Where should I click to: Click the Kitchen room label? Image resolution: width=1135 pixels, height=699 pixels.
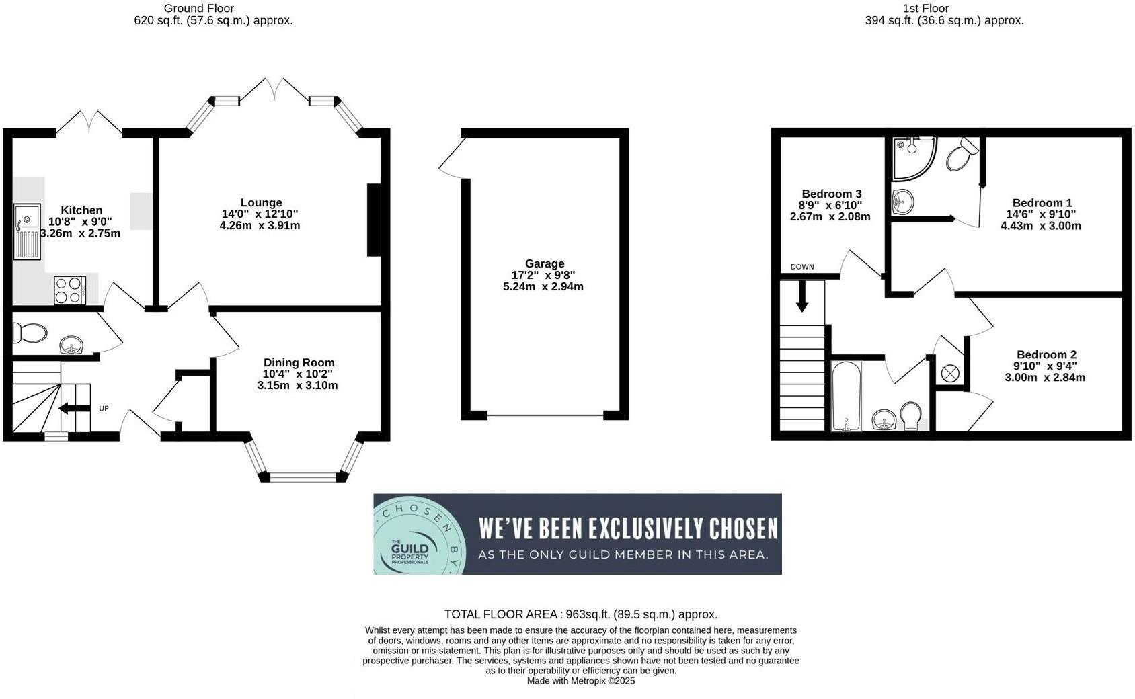[x=81, y=210]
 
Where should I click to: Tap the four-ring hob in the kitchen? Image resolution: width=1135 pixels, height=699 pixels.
[x=70, y=290]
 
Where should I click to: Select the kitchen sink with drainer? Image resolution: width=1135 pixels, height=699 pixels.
[x=28, y=232]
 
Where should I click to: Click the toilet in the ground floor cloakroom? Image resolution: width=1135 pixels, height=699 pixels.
[x=30, y=333]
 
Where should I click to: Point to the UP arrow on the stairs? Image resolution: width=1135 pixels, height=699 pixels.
[x=75, y=408]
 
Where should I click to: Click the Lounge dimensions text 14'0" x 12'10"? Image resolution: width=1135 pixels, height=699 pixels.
[x=260, y=214]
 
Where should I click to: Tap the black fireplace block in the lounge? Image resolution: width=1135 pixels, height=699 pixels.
[x=374, y=220]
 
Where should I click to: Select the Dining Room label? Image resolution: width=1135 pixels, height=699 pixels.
[x=299, y=362]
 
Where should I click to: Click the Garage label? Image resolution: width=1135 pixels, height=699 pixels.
[x=545, y=263]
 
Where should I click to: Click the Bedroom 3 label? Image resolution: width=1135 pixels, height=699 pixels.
[x=831, y=194]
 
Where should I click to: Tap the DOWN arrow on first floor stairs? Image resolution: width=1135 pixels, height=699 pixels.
[x=802, y=296]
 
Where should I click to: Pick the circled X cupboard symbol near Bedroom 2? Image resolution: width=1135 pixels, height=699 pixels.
[x=949, y=374]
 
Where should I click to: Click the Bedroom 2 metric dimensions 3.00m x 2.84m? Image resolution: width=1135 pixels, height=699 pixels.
[x=1045, y=378]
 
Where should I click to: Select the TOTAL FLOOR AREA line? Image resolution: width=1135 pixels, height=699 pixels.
[x=580, y=614]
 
